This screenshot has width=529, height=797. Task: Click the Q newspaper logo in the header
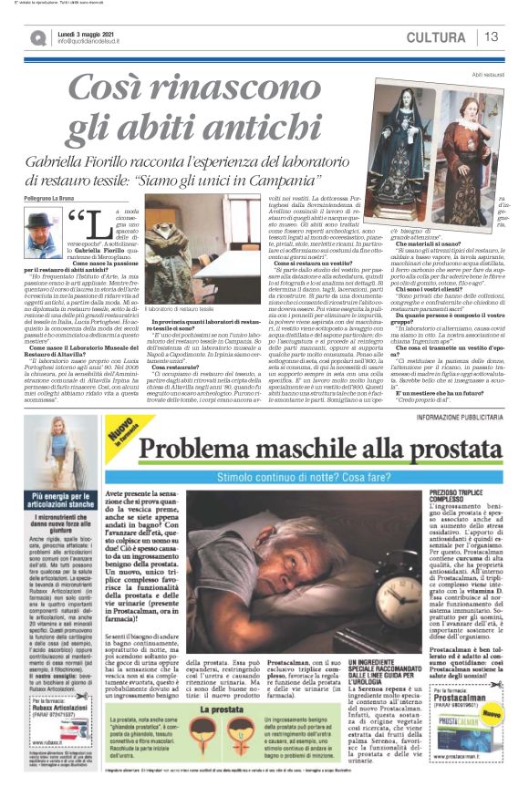(37, 37)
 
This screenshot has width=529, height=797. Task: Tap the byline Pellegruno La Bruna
(49, 196)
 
